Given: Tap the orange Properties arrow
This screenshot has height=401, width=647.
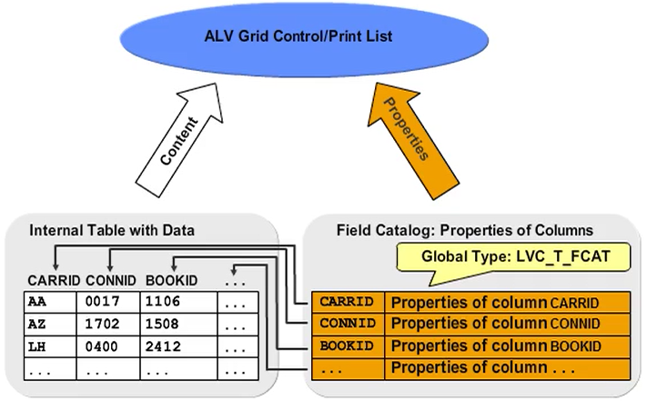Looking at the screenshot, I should click(x=407, y=136).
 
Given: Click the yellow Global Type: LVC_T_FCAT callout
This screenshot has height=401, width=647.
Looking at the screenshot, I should click(x=515, y=256).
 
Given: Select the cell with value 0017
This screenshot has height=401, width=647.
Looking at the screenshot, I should click(x=110, y=302).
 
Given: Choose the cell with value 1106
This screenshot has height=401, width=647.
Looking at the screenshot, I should click(x=170, y=302).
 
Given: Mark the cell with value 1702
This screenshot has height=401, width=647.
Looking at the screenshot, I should click(x=110, y=325).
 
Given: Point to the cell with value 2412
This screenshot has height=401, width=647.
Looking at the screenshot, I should click(x=170, y=347).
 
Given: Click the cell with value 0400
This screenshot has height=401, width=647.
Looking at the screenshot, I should click(x=110, y=347).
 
